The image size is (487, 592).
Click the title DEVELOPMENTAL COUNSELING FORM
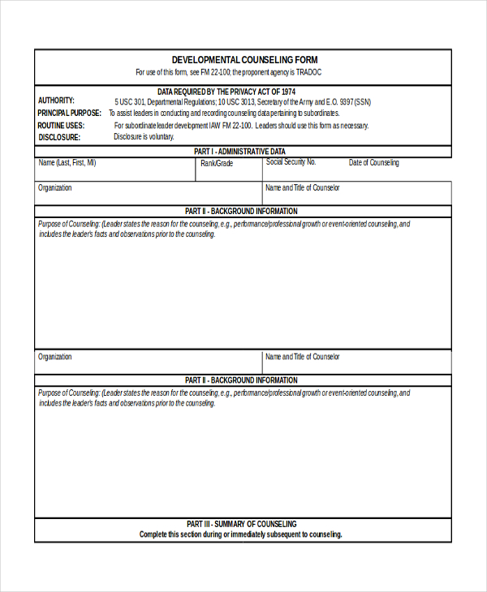coord(244,60)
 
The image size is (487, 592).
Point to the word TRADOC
coord(307,72)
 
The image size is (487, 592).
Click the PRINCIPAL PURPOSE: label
coord(70,114)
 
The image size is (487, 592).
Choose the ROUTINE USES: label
coord(61,126)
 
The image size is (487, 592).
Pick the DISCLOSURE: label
coord(58,137)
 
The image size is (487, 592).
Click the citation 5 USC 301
coord(131,102)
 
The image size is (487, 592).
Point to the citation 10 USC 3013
coord(236,102)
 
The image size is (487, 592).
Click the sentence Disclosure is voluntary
coord(144,137)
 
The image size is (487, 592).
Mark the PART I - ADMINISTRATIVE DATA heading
coord(240,152)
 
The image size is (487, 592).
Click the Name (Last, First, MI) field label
coord(67,163)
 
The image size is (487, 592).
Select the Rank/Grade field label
coord(217,164)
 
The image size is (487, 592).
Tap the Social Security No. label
coord(291,162)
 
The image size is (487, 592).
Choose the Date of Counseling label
coord(374,163)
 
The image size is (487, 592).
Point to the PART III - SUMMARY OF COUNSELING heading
coord(241,524)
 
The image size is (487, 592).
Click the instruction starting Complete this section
coord(241,534)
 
